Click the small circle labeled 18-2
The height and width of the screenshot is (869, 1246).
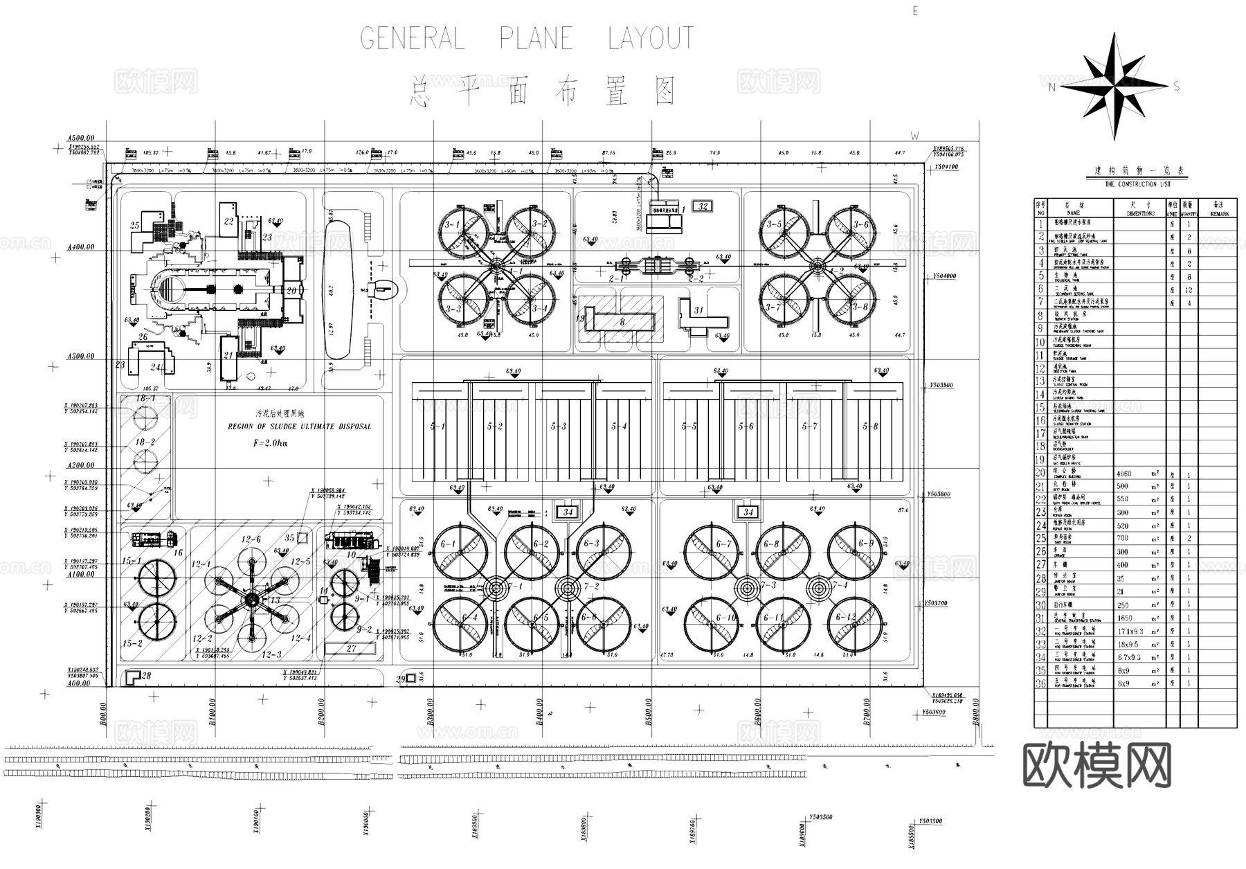click(x=145, y=460)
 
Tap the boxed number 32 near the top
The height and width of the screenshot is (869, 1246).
click(x=703, y=206)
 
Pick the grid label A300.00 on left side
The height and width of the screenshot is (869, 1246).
click(x=81, y=356)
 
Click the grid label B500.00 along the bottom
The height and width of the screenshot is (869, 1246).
click(x=649, y=712)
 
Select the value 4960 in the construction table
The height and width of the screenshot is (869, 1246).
click(x=1124, y=474)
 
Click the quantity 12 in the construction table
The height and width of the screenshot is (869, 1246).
click(x=1189, y=290)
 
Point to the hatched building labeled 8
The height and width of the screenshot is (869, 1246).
click(x=620, y=321)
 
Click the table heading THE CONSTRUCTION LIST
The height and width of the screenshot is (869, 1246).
click(x=1137, y=184)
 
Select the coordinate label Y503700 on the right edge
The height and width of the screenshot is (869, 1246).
click(x=935, y=603)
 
